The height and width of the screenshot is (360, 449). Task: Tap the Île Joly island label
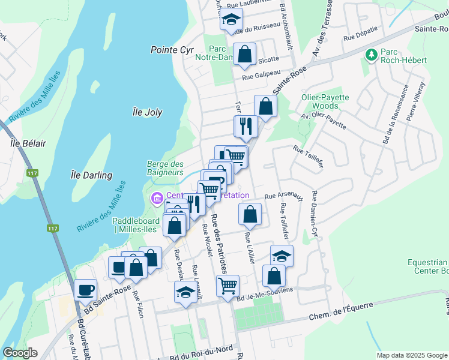tap(146, 112)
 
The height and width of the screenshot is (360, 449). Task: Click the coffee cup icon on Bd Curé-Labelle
tap(86, 290)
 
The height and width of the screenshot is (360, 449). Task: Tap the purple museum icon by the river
tap(157, 197)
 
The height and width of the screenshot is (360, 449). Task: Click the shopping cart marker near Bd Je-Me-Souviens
tap(228, 286)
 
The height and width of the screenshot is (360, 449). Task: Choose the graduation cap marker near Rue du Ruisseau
tap(231, 20)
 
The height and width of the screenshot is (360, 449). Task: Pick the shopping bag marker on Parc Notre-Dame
tap(245, 54)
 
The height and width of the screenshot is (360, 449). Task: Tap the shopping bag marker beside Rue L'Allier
tap(250, 214)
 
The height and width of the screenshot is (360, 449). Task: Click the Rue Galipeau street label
tap(262, 77)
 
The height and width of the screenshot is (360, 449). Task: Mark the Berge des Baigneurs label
tap(165, 168)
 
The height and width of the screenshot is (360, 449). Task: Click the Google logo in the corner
tap(20, 353)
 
